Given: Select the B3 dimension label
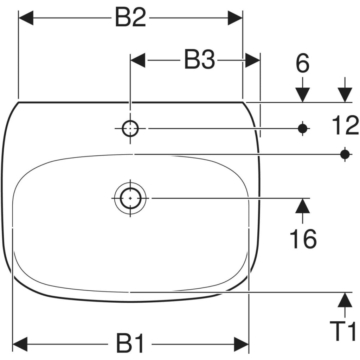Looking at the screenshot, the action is pos(200,60).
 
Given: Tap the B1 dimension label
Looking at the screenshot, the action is pos(130,344).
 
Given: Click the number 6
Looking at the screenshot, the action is pos(303,63).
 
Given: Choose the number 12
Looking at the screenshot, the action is pos(345,125).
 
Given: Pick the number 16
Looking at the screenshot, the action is pos(303,239).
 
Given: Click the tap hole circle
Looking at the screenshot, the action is pos(130,129).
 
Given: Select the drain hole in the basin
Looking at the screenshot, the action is pos(130,198).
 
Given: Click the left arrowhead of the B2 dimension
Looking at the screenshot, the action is pos(26,18).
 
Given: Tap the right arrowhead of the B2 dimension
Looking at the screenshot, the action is pos(235,18).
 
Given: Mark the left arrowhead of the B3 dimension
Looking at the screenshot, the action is pos(138,60).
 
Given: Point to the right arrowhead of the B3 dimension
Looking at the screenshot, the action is pos(253,60).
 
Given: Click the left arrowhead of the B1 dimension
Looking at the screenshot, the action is pos(20,344).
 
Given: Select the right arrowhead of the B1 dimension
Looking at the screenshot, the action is pos(241,344).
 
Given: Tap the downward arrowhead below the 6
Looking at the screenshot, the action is pos(303,95).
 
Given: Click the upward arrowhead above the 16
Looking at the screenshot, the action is pos(303,205).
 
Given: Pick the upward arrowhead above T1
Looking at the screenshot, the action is pos(345,300).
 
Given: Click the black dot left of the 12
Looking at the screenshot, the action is pos(303,128).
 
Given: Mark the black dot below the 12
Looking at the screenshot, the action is pos(345,154).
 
